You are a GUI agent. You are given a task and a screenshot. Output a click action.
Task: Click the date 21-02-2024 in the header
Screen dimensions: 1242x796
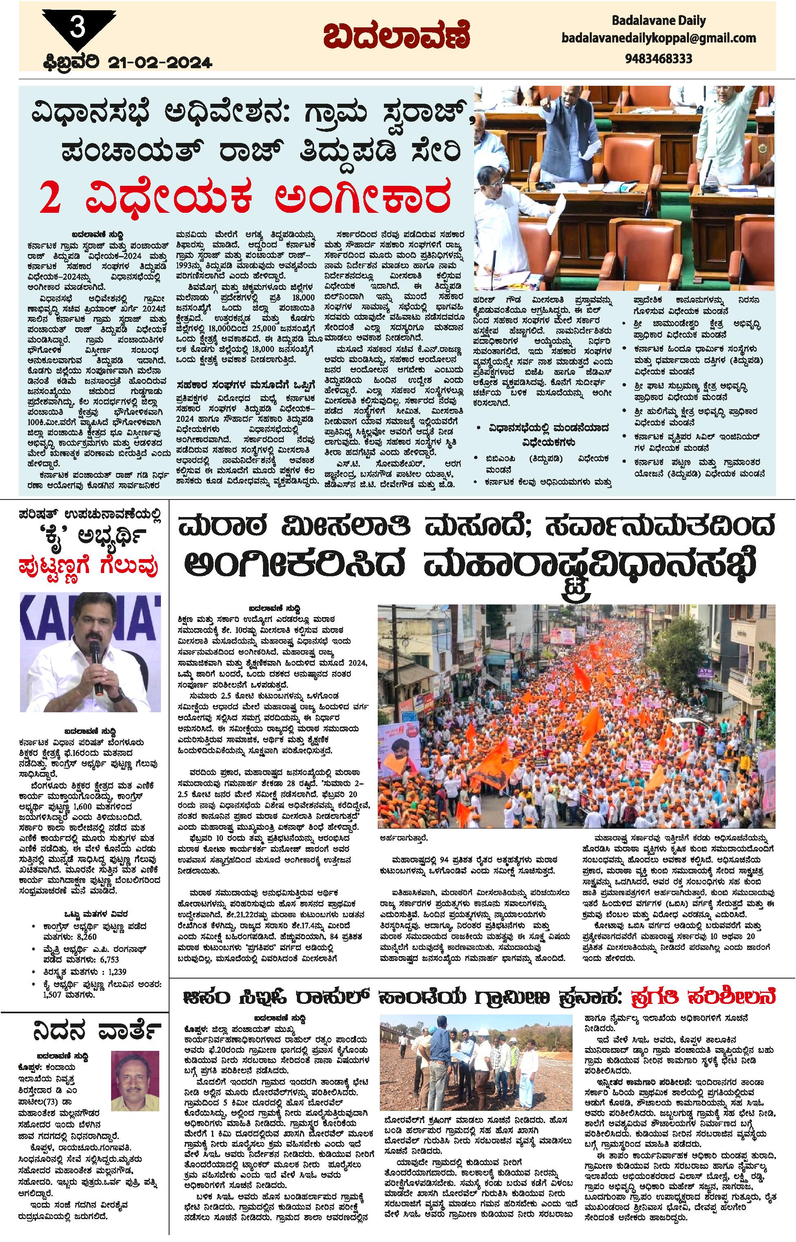tap(160, 63)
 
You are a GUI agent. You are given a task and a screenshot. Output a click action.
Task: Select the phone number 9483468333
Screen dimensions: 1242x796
tap(658, 58)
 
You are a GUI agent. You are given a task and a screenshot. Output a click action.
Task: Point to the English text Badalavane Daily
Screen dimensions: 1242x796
tap(658, 21)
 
